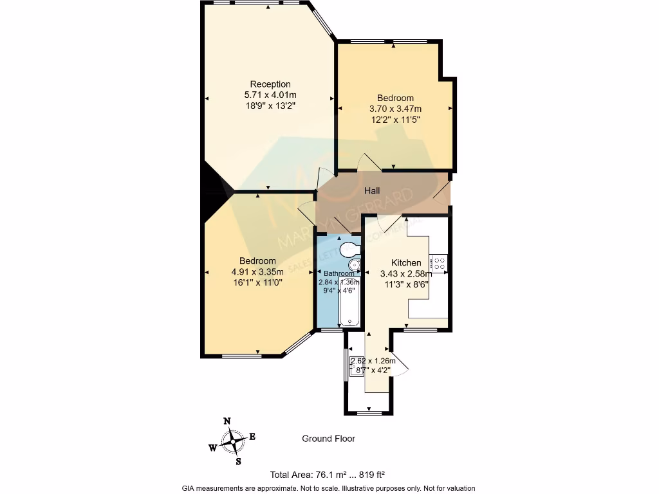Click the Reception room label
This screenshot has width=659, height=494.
270,84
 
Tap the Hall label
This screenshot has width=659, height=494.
372,191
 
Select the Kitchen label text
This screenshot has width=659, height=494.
407,262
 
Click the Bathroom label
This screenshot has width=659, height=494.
339,273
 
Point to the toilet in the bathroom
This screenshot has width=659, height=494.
349,249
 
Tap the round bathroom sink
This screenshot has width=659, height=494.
353,265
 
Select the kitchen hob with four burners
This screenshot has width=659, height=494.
440,263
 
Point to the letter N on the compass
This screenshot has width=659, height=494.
227,421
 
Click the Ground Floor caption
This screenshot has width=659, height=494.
328,439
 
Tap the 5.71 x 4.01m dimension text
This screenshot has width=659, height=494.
270,95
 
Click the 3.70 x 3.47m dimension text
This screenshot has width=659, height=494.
395,109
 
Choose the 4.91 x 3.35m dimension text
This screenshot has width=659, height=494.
257,271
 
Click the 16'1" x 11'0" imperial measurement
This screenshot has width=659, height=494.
257,282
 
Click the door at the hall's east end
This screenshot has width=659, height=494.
442,191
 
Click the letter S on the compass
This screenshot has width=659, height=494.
238,461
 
